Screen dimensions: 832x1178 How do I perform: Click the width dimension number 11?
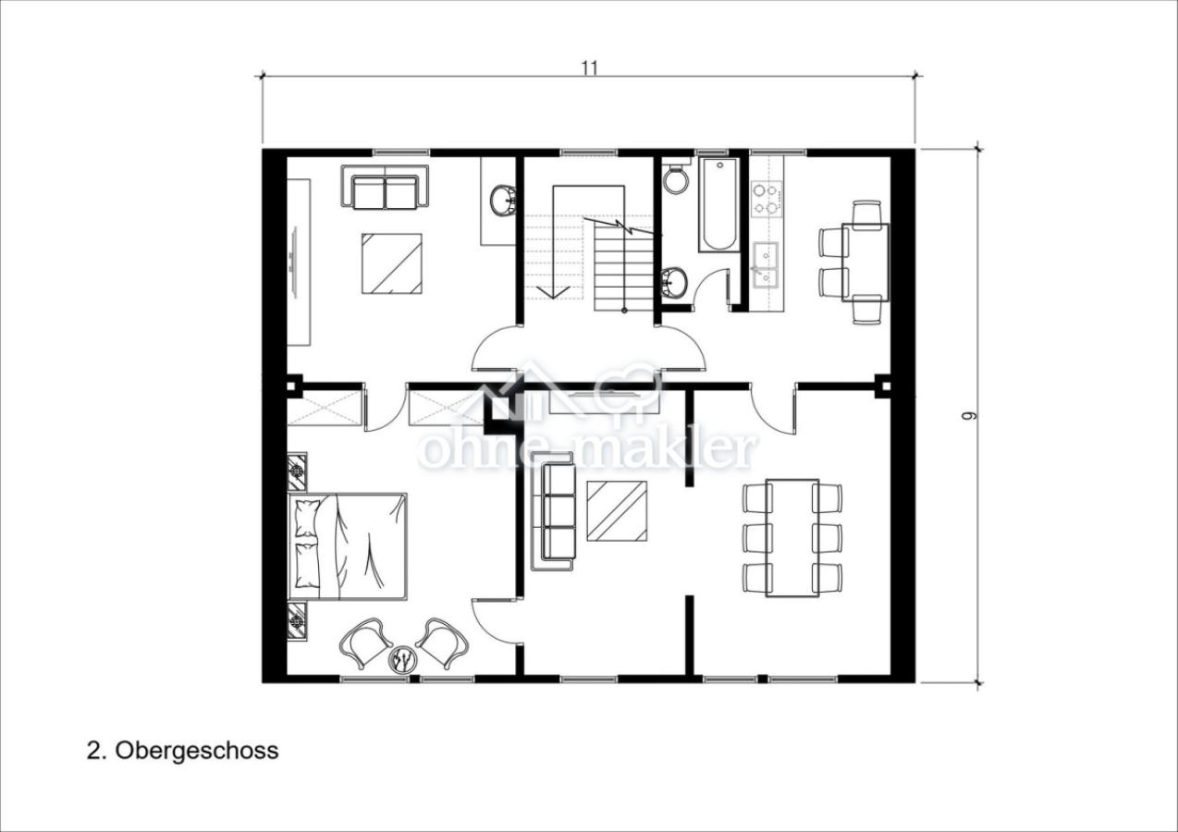[x=589, y=67]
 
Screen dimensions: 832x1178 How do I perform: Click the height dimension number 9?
[x=968, y=416]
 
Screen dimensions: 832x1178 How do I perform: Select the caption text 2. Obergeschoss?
[x=182, y=750]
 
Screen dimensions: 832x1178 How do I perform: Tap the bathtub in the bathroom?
[x=718, y=205]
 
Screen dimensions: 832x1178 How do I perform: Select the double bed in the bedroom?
[x=349, y=546]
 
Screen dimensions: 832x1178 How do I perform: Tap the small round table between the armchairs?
[x=403, y=658]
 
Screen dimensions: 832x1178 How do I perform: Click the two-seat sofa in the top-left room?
[x=385, y=188]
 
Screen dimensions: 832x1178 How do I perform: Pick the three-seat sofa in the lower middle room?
[x=553, y=516]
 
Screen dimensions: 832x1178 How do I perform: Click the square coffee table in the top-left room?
[x=392, y=263]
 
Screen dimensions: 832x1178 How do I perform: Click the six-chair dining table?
[x=792, y=538]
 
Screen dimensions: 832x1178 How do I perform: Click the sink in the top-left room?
[x=502, y=201]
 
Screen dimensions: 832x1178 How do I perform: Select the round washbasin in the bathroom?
[x=675, y=280]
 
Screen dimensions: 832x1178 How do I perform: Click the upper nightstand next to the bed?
[x=298, y=471]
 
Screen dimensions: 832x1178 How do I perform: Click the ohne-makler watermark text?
[x=588, y=448]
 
